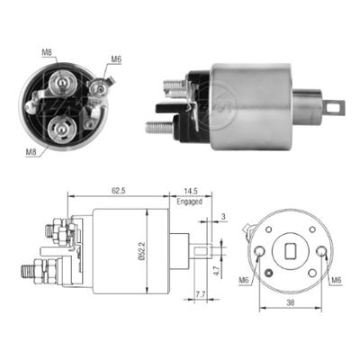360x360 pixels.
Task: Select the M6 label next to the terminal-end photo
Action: tap(115, 59)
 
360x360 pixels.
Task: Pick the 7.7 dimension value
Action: tap(200, 294)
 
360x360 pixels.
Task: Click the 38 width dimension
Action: tap(289, 303)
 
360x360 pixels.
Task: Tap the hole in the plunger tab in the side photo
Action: tap(337, 106)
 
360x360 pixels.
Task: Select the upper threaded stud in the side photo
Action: tap(174, 86)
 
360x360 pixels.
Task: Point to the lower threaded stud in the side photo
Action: tap(158, 127)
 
